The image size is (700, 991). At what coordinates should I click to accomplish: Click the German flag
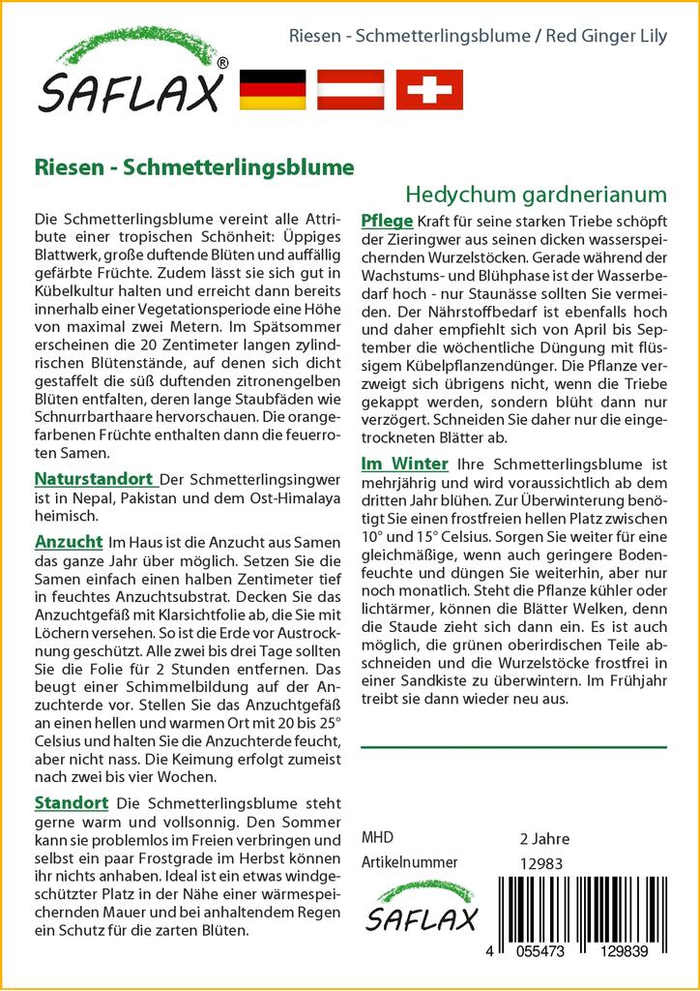[271, 89]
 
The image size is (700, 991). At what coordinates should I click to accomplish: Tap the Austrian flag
[352, 89]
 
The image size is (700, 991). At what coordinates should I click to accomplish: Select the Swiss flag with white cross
[430, 89]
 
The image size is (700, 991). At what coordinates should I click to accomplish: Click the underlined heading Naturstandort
[94, 478]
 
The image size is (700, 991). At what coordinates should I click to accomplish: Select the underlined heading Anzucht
[68, 542]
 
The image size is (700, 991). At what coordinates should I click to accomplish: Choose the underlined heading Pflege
[387, 219]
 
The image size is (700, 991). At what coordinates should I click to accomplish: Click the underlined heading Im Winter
[404, 465]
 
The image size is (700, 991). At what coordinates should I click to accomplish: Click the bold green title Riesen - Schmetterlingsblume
[193, 165]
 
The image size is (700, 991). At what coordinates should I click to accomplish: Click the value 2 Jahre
[544, 838]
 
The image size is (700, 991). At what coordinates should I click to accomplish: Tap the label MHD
[377, 838]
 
